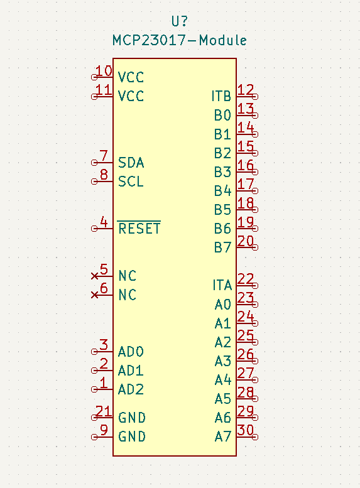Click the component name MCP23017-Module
coord(179,40)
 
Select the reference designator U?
coord(179,21)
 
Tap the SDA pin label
coord(131,163)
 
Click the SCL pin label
coord(131,182)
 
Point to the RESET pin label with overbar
coord(139,229)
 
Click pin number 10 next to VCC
coord(103,71)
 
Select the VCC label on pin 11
coord(131,96)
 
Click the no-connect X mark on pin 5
coord(95,276)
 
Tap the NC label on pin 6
coord(127,295)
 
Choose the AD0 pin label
coord(131,351)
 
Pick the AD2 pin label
coord(131,389)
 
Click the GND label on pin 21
coord(132,418)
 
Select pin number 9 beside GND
coord(104,430)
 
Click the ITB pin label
coord(221,97)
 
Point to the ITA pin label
coord(222,286)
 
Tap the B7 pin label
coord(222,247)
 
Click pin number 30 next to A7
coord(246,430)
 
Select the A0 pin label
coord(222,305)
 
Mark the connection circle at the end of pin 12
coord(255,96)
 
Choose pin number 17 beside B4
coord(246,184)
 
